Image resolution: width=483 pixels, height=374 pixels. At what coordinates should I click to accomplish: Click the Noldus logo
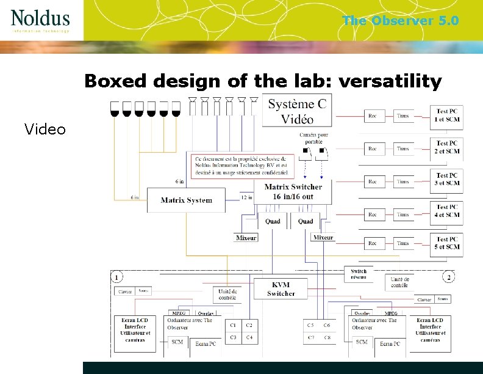pos(40,20)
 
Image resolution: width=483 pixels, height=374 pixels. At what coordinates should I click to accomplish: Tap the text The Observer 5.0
pos(400,21)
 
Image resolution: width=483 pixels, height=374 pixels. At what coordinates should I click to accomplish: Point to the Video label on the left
pos(45,128)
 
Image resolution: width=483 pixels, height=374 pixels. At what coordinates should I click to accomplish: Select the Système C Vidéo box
pos(298,111)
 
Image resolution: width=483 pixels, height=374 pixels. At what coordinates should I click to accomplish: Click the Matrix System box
pos(187,200)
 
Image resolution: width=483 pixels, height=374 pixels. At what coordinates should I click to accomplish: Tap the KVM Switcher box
pos(281,290)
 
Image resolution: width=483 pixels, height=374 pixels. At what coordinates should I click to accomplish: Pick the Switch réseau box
pos(359,274)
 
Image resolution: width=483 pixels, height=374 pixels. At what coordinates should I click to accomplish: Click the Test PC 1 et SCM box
pos(447,116)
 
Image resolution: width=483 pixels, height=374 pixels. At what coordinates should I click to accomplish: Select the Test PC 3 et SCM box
pos(447,180)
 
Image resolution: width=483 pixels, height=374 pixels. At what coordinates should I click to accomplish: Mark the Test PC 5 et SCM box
pos(447,243)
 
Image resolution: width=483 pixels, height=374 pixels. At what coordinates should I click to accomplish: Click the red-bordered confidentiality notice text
pos(242,166)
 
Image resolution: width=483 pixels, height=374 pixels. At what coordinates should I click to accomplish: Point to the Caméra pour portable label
pos(313,138)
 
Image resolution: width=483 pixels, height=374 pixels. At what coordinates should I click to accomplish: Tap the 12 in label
pos(246,197)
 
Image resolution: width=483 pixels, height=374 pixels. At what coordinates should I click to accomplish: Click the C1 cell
pos(234,325)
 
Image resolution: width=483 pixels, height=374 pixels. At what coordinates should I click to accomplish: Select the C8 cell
pos(327,337)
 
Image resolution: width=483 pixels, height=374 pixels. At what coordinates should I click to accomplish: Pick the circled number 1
pos(116,277)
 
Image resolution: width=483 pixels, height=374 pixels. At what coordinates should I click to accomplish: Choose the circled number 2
pos(449,277)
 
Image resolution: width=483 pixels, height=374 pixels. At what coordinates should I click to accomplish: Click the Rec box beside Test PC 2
pos(373,148)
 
